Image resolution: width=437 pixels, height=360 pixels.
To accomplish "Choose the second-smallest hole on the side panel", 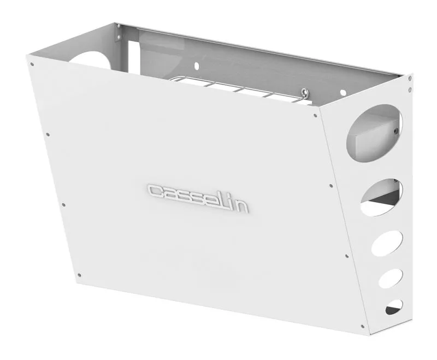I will (x=391, y=278).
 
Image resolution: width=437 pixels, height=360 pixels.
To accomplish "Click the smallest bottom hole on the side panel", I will (x=393, y=307).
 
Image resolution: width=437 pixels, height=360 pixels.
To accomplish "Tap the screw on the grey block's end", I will (x=396, y=131).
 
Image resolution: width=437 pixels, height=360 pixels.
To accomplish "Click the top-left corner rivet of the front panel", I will (x=32, y=64).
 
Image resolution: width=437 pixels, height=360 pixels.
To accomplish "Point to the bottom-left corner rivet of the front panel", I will (x=79, y=275).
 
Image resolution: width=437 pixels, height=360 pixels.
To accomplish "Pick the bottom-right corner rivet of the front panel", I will (x=362, y=327).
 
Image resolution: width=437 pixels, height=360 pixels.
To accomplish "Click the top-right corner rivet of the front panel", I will (x=315, y=115).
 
